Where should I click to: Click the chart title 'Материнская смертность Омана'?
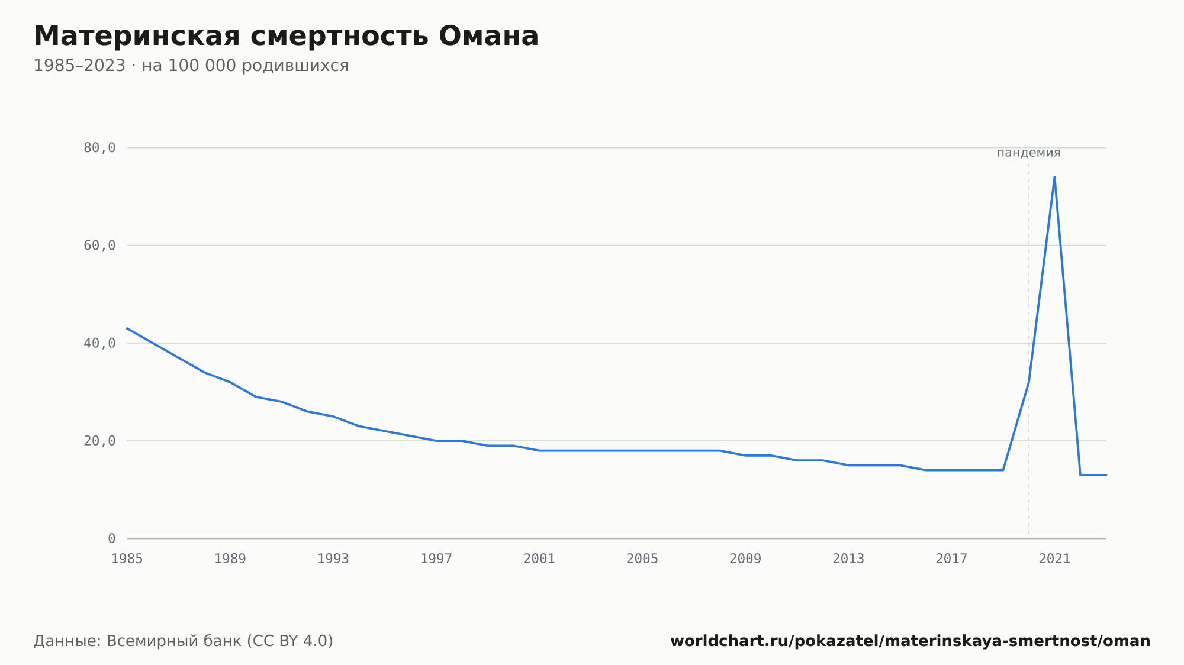click(286, 36)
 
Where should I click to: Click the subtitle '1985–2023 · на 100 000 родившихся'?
click(191, 66)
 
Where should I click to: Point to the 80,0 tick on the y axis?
click(99, 148)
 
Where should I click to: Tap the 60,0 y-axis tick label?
click(99, 246)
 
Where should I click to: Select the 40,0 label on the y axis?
click(99, 343)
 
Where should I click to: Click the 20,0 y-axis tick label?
click(99, 441)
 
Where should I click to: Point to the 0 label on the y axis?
click(112, 538)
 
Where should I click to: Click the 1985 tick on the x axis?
click(127, 559)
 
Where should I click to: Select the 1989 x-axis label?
click(230, 559)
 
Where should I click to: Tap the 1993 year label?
click(333, 559)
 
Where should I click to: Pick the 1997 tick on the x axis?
click(436, 559)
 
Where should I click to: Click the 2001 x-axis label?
click(539, 559)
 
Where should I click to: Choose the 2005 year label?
click(642, 559)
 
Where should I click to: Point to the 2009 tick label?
click(745, 559)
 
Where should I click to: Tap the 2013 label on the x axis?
click(848, 559)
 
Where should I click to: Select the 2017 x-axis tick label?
click(951, 559)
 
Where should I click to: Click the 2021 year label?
click(1054, 559)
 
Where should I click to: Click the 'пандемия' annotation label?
click(1029, 153)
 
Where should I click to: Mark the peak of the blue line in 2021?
click(1054, 177)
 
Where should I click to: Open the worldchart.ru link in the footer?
click(910, 641)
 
